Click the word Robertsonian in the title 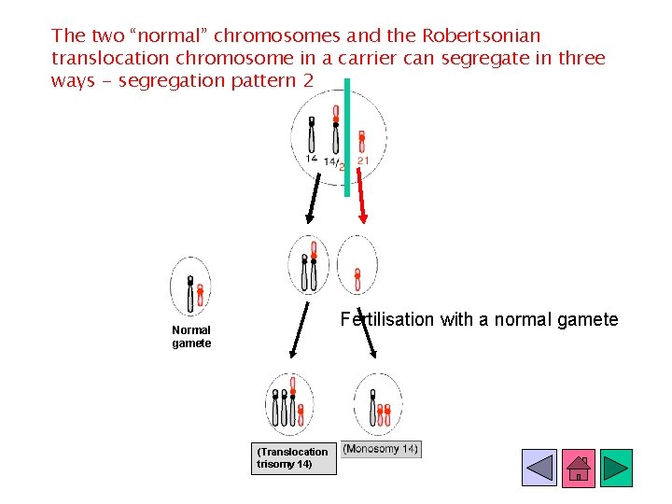[x=482, y=36]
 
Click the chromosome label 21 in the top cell [x=363, y=161]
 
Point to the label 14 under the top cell [x=311, y=160]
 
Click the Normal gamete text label [x=191, y=336]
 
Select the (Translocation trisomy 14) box [x=293, y=457]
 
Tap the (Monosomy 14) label [x=381, y=449]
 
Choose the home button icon [x=579, y=468]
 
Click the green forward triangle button [x=616, y=468]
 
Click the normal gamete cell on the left [x=191, y=287]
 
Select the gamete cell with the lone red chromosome [x=357, y=265]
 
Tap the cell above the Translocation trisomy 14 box [x=290, y=403]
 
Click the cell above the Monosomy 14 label [x=378, y=404]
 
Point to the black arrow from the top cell [x=315, y=199]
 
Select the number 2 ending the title [x=307, y=80]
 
